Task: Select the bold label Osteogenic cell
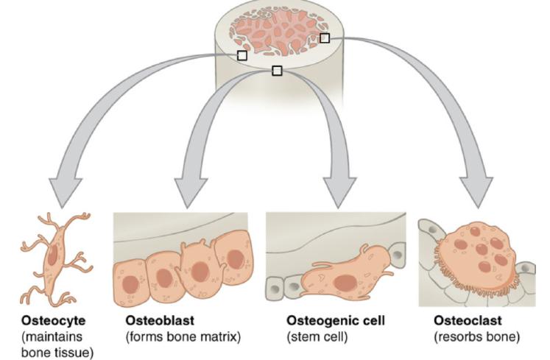[x=335, y=322]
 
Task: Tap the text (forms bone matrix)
[x=183, y=337]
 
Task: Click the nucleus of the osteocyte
[x=54, y=254]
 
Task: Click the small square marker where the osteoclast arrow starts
[x=325, y=38]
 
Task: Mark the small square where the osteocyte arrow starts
[x=242, y=55]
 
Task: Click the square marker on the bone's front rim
[x=277, y=71]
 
